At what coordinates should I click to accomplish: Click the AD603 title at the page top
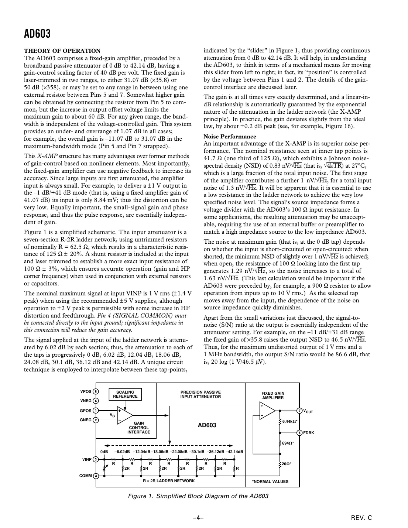[37, 34]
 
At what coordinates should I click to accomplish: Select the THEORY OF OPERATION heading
[62, 51]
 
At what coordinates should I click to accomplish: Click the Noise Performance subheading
[230, 136]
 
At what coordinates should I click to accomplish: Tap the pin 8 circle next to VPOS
[96, 392]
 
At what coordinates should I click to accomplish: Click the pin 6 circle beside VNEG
[96, 401]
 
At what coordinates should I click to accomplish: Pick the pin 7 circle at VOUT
[300, 411]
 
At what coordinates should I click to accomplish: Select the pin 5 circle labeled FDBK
[300, 433]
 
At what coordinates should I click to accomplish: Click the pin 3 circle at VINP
[96, 459]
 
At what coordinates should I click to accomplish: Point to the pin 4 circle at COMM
[96, 476]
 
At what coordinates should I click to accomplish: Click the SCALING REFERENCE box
[125, 394]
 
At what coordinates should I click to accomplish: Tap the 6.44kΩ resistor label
[290, 421]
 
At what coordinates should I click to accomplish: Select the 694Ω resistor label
[288, 443]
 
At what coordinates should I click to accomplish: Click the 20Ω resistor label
[287, 463]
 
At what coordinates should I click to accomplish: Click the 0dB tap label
[104, 452]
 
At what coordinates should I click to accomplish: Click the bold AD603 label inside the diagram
[207, 425]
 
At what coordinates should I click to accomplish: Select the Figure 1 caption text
[198, 496]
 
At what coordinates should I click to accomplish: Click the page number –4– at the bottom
[198, 518]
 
